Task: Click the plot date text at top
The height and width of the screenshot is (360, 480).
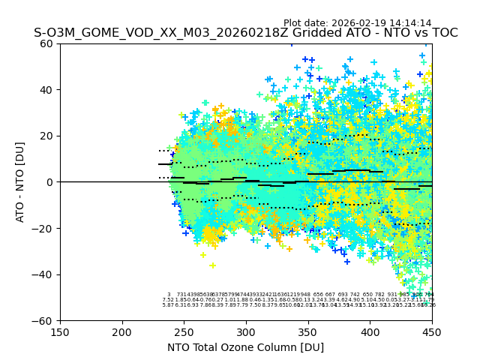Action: [x=357, y=23]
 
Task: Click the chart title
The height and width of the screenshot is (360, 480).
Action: [x=245, y=34]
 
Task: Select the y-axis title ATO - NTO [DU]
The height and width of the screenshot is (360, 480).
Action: [x=20, y=181]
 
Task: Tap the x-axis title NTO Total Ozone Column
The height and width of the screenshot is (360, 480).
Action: [x=245, y=347]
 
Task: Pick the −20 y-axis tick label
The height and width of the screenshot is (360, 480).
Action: [x=45, y=229]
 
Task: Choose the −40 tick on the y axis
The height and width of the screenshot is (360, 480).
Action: [x=45, y=274]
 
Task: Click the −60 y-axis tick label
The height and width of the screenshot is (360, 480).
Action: [x=45, y=321]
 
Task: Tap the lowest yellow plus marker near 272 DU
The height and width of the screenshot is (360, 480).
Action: [x=212, y=265]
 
